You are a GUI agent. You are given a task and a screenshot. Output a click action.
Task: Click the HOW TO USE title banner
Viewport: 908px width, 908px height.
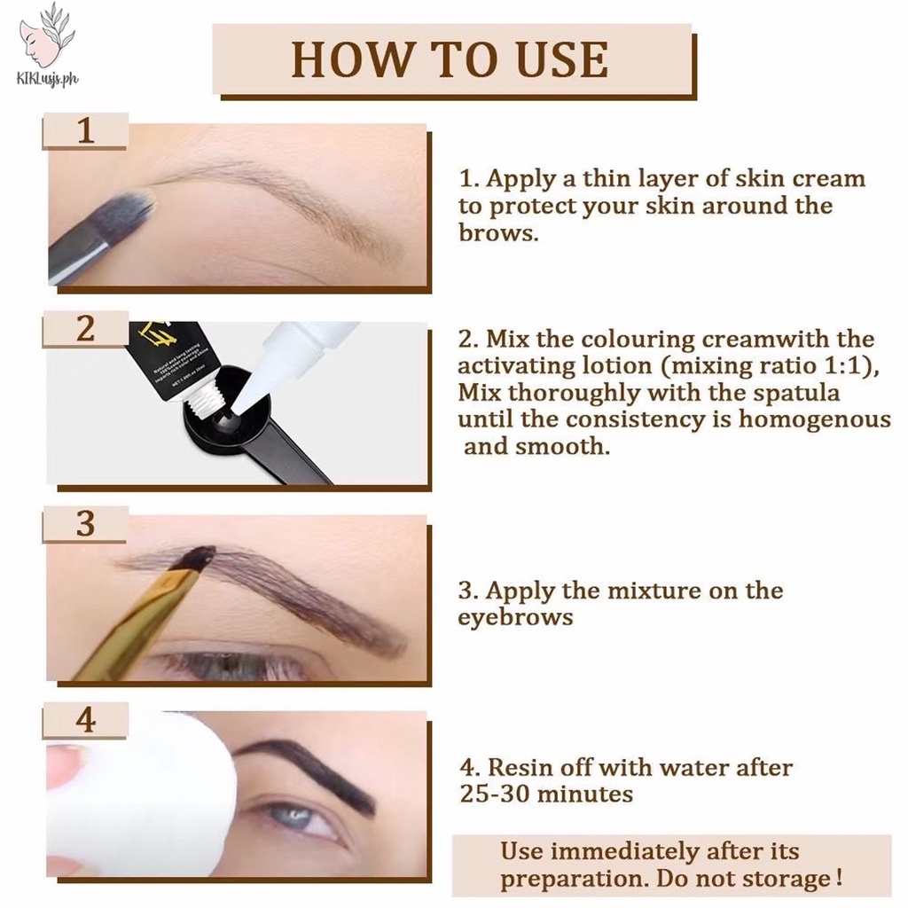click(450, 59)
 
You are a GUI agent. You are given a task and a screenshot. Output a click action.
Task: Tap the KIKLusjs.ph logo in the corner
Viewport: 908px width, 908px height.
click(47, 44)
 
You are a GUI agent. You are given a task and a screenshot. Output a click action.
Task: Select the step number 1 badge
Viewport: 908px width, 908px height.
click(85, 132)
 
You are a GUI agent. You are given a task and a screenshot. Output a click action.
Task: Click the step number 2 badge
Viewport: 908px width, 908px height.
click(85, 329)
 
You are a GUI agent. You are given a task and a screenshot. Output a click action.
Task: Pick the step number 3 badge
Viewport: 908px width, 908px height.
click(85, 524)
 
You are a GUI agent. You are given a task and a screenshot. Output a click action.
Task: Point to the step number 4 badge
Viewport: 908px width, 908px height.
click(85, 720)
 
